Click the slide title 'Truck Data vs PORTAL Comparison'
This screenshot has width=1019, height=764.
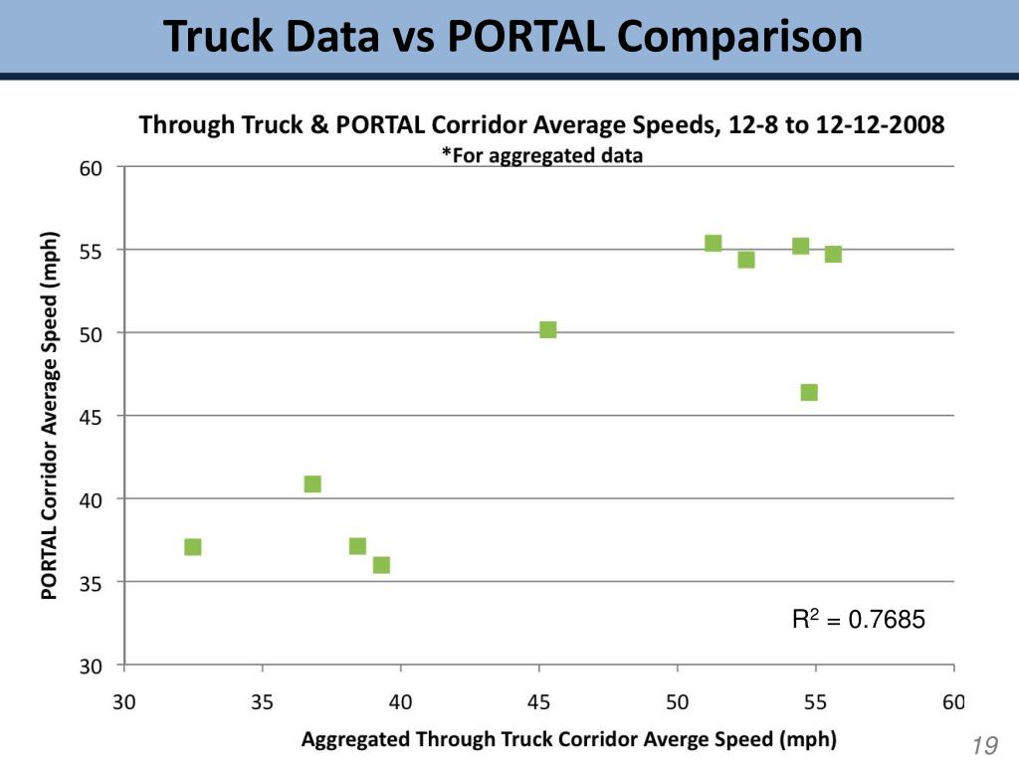click(x=512, y=37)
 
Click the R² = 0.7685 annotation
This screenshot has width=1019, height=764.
click(x=858, y=620)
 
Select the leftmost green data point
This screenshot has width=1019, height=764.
click(x=193, y=547)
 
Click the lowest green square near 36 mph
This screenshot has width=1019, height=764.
click(x=381, y=565)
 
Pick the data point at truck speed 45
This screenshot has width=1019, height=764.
click(x=547, y=330)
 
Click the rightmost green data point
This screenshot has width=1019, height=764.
click(x=833, y=254)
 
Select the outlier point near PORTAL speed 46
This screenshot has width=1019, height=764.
click(x=809, y=392)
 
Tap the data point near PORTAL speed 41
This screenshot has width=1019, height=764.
click(x=312, y=484)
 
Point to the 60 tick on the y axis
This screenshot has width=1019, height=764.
click(x=92, y=167)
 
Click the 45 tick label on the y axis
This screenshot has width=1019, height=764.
click(x=92, y=415)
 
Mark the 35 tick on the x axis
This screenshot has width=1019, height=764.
click(x=263, y=702)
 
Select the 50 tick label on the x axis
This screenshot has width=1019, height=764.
click(x=678, y=702)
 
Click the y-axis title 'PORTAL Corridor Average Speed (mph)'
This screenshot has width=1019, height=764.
click(x=49, y=416)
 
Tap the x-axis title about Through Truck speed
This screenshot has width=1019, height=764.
click(x=568, y=739)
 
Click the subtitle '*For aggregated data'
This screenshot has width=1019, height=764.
click(x=541, y=155)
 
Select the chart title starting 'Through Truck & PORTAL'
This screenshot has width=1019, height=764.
click(x=541, y=126)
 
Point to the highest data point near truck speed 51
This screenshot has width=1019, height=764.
click(x=713, y=244)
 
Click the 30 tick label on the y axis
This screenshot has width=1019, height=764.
click(x=92, y=665)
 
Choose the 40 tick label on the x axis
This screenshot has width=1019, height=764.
click(x=400, y=702)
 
